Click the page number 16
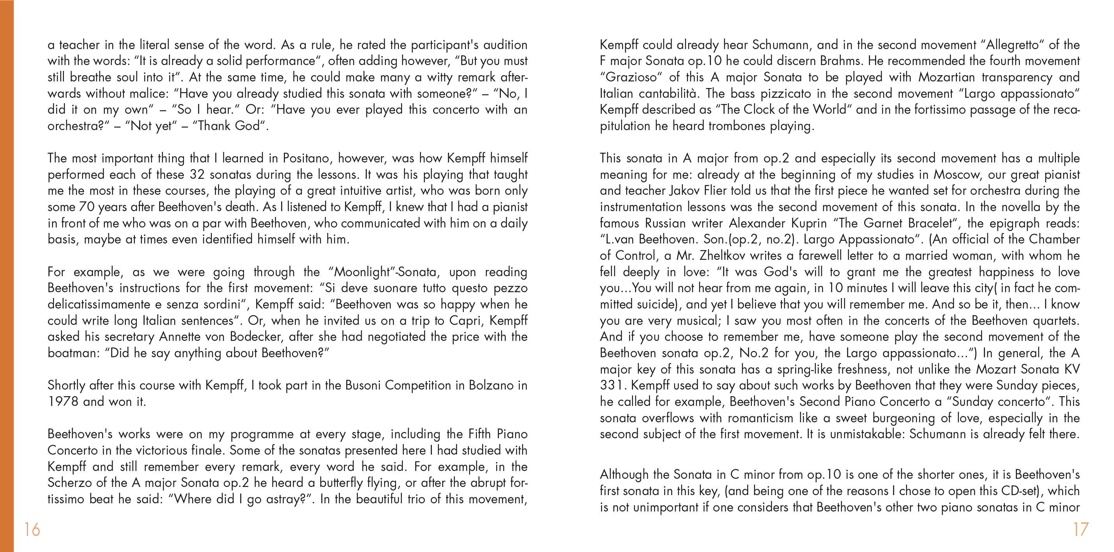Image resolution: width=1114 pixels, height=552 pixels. coord(32,529)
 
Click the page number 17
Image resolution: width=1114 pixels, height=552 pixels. coord(1081,529)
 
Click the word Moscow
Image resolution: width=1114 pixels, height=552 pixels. coord(957,175)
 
